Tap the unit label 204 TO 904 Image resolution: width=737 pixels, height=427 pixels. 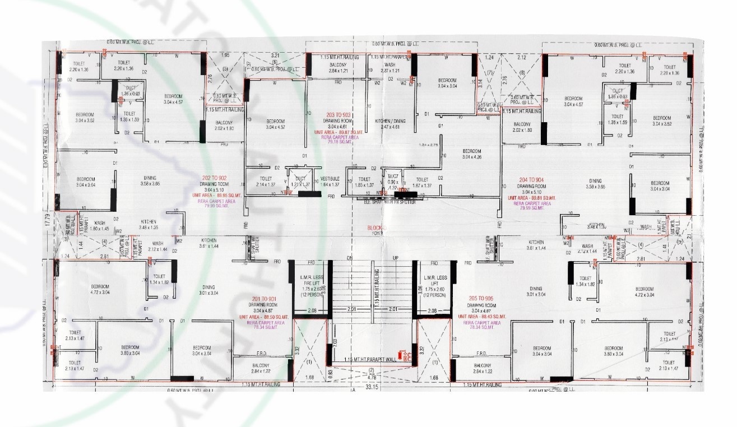click(531, 180)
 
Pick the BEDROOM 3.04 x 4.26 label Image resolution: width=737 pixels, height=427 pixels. click(472, 154)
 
